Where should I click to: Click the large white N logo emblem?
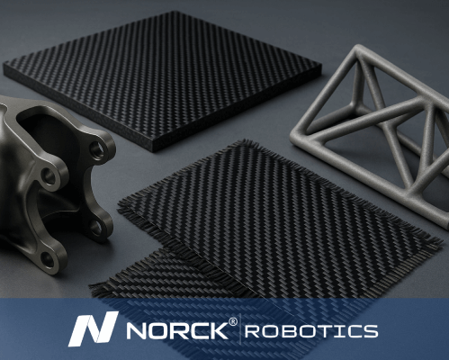pyautogui.click(x=93, y=329)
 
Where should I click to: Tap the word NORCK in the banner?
pyautogui.click(x=177, y=330)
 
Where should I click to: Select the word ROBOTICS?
pyautogui.click(x=311, y=331)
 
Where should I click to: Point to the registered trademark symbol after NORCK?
pyautogui.click(x=233, y=321)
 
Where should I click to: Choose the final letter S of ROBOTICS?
pyautogui.click(x=370, y=331)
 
